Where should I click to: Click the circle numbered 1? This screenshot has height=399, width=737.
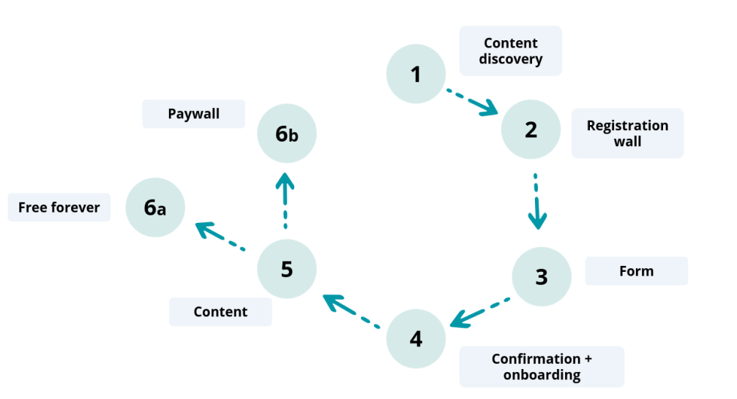coord(416,74)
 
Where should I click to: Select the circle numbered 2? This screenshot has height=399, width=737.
coord(531,129)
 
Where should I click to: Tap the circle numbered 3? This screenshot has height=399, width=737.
coord(541,277)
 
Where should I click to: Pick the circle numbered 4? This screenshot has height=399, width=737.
coord(416,339)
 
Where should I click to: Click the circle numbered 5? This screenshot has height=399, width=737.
coord(286,269)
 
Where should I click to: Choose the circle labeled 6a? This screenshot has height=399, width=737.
coord(154,208)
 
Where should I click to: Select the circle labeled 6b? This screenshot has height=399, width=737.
coord(286,134)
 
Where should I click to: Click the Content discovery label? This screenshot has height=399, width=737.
coord(510,51)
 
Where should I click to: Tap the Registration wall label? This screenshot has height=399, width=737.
coord(627,133)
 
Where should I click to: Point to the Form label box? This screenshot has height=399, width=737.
coord(636,271)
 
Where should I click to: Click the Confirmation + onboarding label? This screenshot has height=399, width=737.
coord(542,367)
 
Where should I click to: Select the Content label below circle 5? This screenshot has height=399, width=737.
coord(220,312)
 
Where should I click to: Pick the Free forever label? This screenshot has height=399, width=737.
coord(59,208)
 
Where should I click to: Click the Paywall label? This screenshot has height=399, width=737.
coord(193,115)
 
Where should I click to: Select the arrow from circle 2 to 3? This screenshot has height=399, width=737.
coord(536,201)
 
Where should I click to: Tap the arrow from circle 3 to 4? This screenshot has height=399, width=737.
coord(479,311)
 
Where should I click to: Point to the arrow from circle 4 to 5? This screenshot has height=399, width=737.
coord(351,310)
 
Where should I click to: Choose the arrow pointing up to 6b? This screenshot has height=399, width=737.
coord(285,200)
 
